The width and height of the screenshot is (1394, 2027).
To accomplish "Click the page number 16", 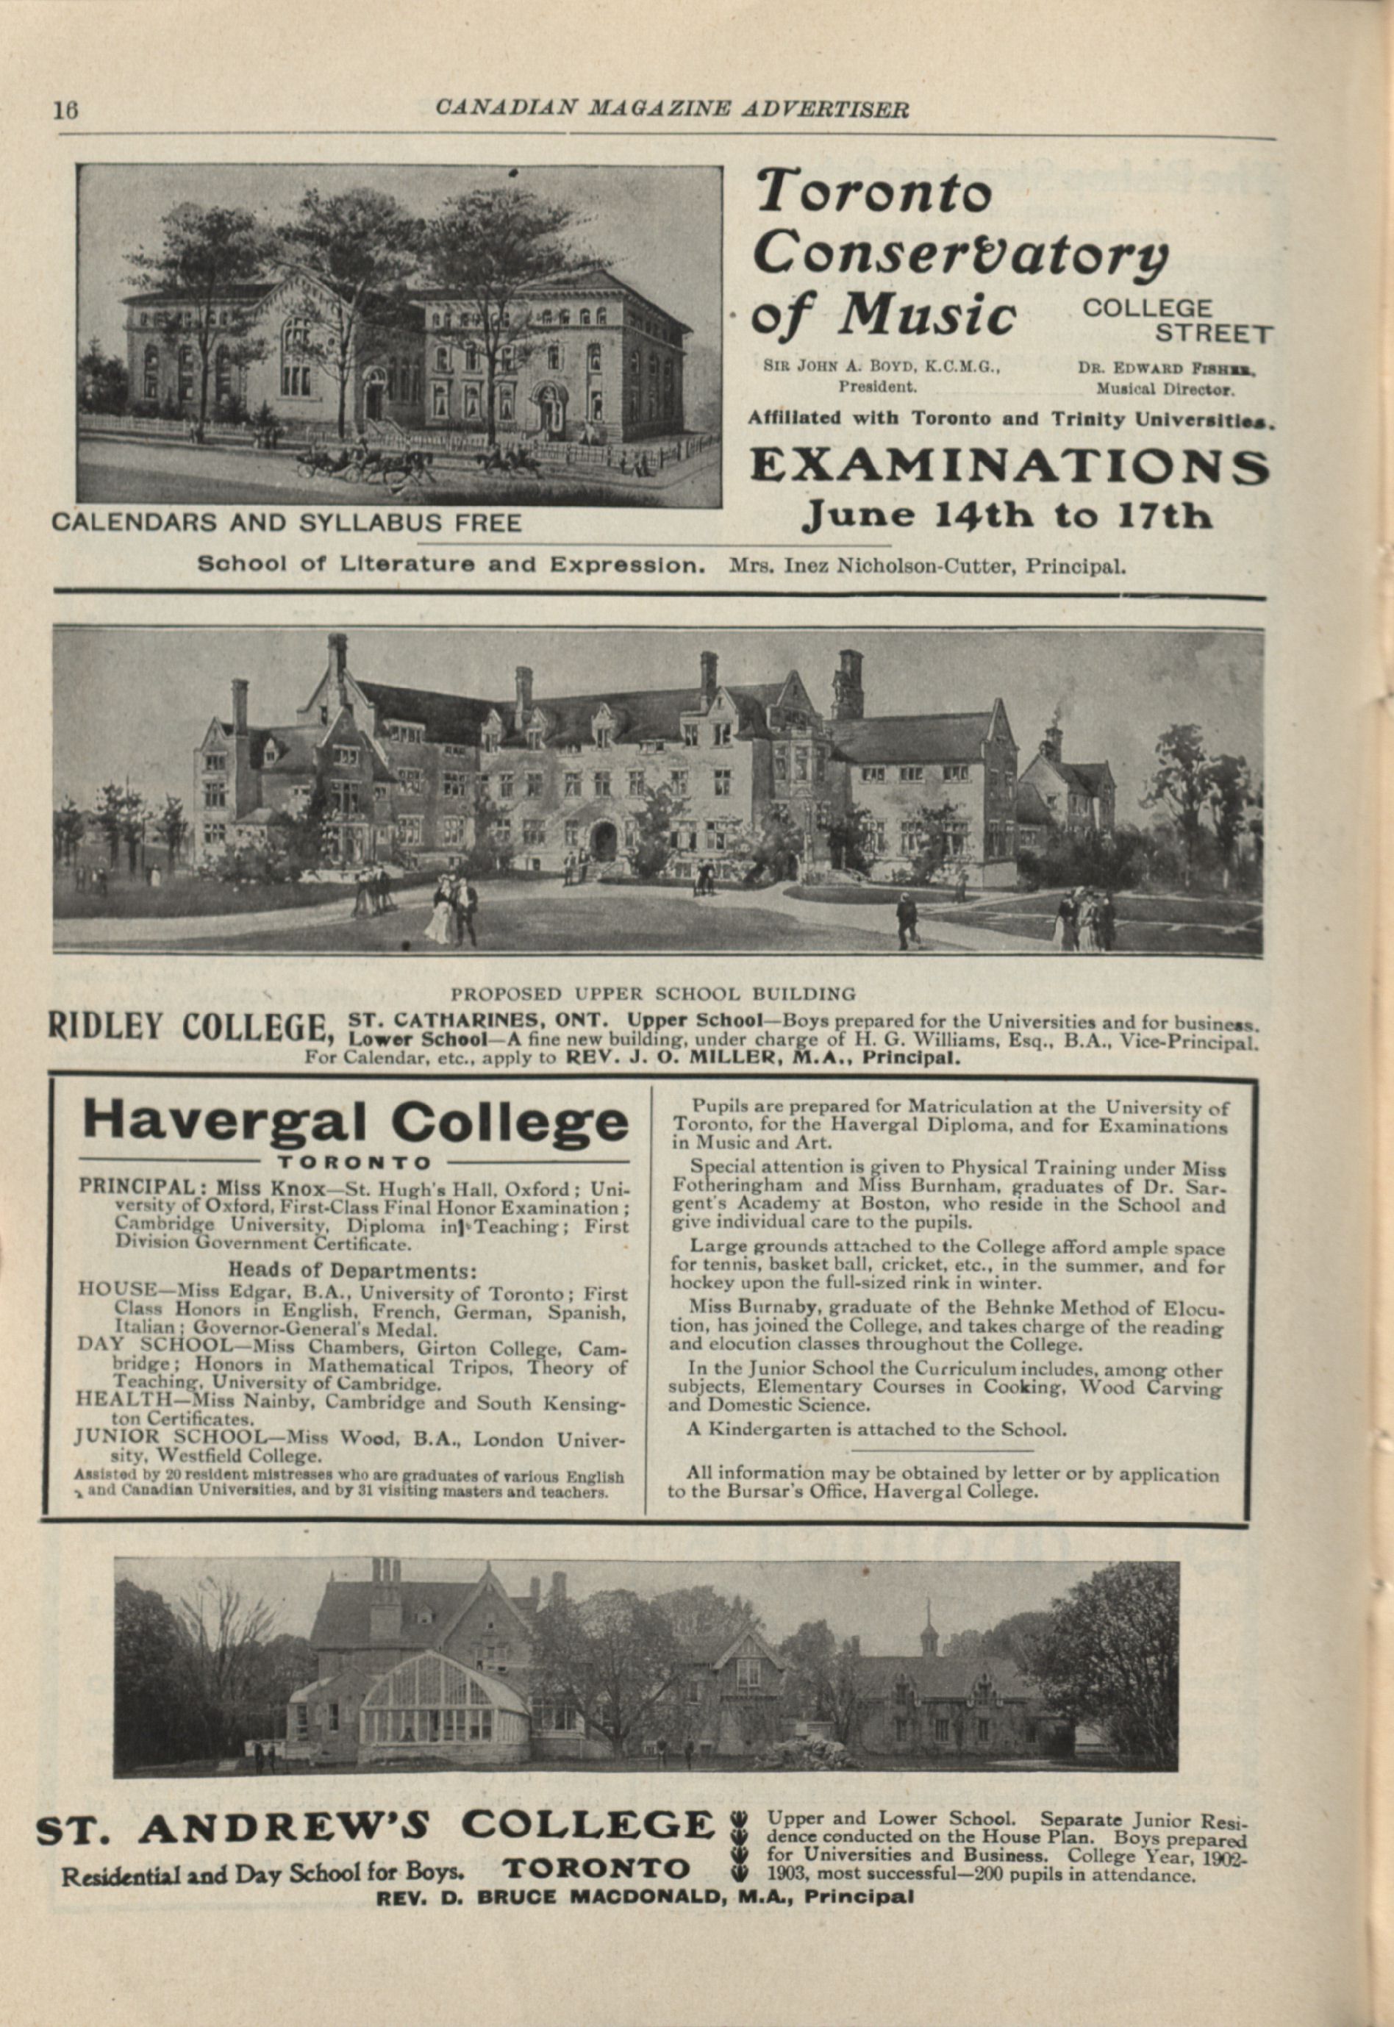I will (x=66, y=111).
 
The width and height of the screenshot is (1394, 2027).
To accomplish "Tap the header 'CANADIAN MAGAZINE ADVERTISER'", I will (x=672, y=108).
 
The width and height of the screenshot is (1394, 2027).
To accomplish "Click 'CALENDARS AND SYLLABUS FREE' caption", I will (x=287, y=523).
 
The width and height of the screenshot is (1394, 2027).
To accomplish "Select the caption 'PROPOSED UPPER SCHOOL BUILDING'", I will (x=652, y=993).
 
